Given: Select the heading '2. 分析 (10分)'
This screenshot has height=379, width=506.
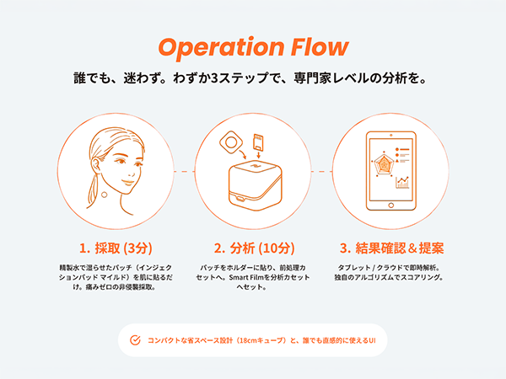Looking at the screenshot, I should pyautogui.click(x=253, y=248).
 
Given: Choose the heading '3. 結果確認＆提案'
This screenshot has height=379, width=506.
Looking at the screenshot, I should pyautogui.click(x=391, y=248).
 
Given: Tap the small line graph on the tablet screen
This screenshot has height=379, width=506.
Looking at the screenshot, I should pyautogui.click(x=402, y=180).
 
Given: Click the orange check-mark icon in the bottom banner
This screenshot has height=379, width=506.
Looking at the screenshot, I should pyautogui.click(x=135, y=340).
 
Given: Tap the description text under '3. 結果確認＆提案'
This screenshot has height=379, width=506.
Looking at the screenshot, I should pyautogui.click(x=391, y=271).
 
